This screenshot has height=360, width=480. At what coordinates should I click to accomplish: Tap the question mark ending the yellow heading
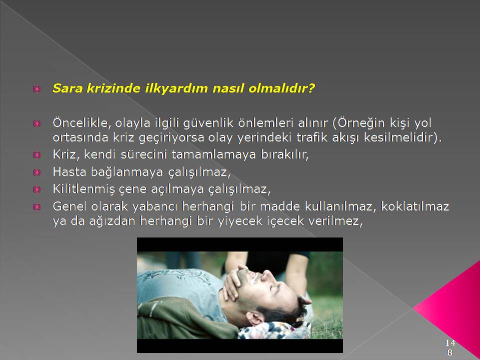(311, 88)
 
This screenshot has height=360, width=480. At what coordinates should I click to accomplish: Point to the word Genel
(69, 206)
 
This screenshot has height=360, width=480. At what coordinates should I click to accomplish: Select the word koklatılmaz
(415, 206)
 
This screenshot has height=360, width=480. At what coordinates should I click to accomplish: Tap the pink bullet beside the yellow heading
(36, 89)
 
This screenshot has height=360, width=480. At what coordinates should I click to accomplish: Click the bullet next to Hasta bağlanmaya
(36, 172)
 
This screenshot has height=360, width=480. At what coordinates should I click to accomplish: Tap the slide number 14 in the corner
(450, 342)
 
